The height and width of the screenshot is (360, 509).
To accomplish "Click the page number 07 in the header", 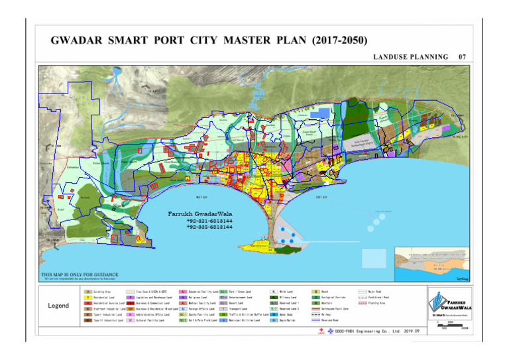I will pyautogui.click(x=463, y=57).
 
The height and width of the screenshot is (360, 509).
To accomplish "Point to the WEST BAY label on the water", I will pyautogui.click(x=201, y=197).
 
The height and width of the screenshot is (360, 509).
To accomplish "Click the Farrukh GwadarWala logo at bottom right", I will pyautogui.click(x=449, y=302).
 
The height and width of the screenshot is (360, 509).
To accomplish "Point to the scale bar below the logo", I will pyautogui.click(x=449, y=324).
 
